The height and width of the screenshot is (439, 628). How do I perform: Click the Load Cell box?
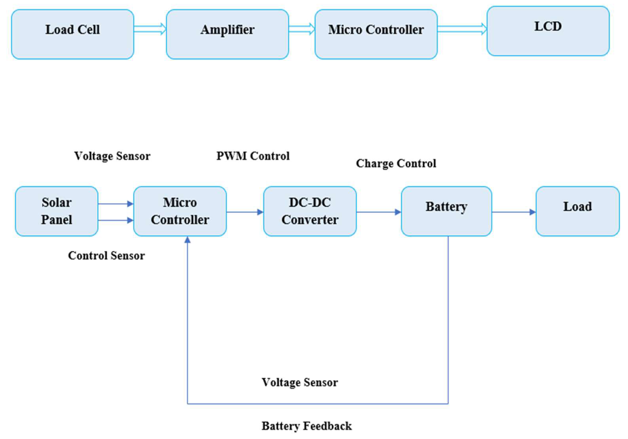click(x=72, y=34)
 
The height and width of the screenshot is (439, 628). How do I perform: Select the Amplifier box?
click(x=227, y=34)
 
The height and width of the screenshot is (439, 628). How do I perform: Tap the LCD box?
click(x=548, y=31)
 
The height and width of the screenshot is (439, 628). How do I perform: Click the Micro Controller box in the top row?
click(x=376, y=34)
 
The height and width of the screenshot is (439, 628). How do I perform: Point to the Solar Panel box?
click(x=57, y=211)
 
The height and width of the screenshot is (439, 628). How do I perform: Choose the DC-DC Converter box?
click(x=310, y=211)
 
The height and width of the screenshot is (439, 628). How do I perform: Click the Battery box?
click(x=446, y=211)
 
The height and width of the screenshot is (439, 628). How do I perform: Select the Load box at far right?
click(x=577, y=211)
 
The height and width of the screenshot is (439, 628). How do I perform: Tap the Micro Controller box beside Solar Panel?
click(x=180, y=211)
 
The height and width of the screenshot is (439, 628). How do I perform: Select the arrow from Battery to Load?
click(x=514, y=212)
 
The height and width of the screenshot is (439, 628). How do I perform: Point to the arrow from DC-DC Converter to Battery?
click(x=379, y=212)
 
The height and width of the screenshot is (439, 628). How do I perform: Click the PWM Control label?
click(x=253, y=156)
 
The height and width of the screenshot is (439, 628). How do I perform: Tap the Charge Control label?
click(x=396, y=163)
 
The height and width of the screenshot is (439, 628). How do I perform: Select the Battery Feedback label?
click(x=307, y=426)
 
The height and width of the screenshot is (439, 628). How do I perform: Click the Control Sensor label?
click(x=106, y=256)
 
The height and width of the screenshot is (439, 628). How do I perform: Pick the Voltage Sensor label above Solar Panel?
click(x=112, y=156)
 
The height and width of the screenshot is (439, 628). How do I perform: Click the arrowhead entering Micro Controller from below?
click(x=187, y=240)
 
